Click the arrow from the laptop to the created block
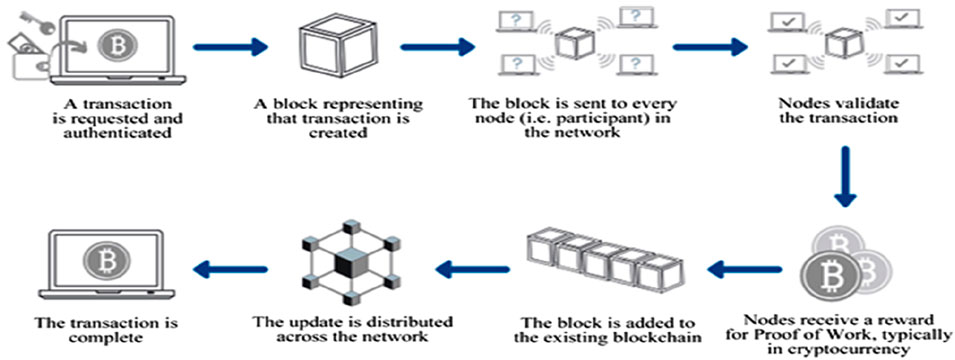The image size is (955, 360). tap(230, 46)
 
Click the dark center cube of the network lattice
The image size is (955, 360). tap(349, 265)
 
